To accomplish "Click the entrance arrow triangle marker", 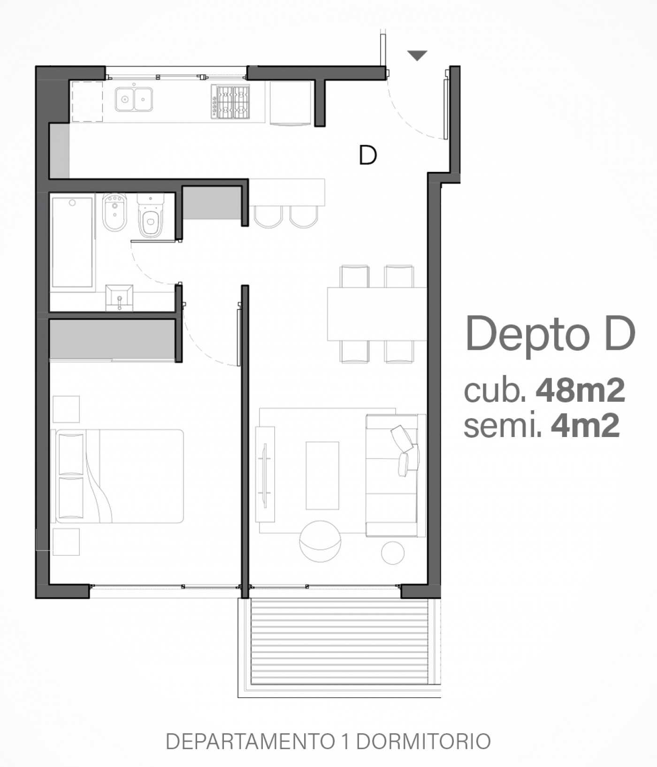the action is pyautogui.click(x=417, y=55).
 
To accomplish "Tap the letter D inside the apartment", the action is pyautogui.click(x=368, y=155).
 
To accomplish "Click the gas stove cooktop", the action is pyautogui.click(x=230, y=101).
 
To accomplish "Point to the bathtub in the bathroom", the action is pyautogui.click(x=72, y=242).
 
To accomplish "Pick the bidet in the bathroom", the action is pyautogui.click(x=115, y=212).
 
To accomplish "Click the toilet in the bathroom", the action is pyautogui.click(x=151, y=215).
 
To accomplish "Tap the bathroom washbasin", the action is pyautogui.click(x=120, y=298).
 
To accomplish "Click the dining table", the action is pyautogui.click(x=377, y=314).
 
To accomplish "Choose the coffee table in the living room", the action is pyautogui.click(x=322, y=476).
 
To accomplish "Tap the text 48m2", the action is pyautogui.click(x=581, y=391).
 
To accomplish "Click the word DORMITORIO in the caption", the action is pyautogui.click(x=423, y=742).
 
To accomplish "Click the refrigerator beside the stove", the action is pyautogui.click(x=290, y=103).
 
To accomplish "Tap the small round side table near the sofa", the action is pyautogui.click(x=393, y=552).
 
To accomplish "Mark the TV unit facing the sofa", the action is pyautogui.click(x=265, y=474).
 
